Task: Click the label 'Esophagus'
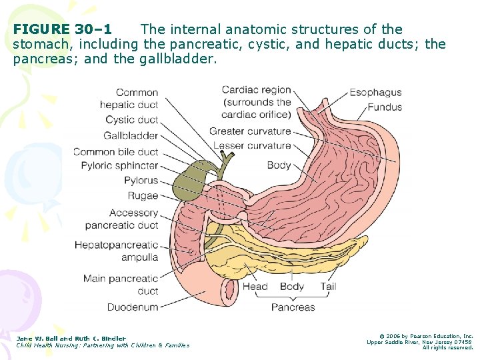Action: tap(375, 93)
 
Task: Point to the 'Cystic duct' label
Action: tap(132, 120)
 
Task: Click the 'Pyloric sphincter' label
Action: tap(120, 165)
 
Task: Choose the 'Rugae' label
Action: tap(143, 195)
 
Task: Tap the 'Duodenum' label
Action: tap(133, 307)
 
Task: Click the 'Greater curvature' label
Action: tap(250, 131)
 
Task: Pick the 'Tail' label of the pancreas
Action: tap(327, 287)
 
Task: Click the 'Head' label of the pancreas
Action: tap(255, 287)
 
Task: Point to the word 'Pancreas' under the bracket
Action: tap(293, 307)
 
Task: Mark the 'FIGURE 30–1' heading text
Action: tap(63, 29)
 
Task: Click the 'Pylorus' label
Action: tap(141, 180)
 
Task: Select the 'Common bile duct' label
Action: tap(115, 151)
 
